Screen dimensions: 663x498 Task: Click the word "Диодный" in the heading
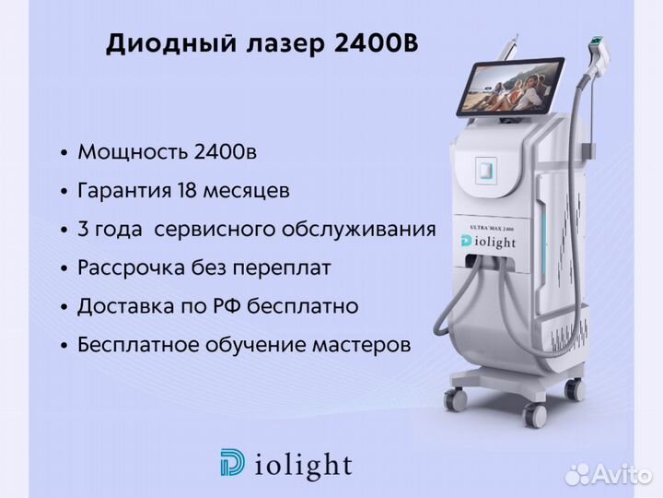pyautogui.click(x=171, y=44)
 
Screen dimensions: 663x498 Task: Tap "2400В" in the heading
pyautogui.click(x=376, y=42)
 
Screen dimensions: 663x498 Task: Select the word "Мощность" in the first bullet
pyautogui.click(x=133, y=151)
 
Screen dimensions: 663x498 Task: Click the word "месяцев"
pyautogui.click(x=247, y=192)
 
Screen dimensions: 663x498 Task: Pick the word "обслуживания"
pyautogui.click(x=358, y=230)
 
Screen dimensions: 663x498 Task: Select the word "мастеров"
pyautogui.click(x=362, y=345)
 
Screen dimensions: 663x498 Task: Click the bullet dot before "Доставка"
pyautogui.click(x=64, y=307)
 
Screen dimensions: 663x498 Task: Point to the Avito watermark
pyautogui.click(x=608, y=474)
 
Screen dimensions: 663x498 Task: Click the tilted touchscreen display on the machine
pyautogui.click(x=509, y=86)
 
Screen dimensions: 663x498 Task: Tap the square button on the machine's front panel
pyautogui.click(x=486, y=171)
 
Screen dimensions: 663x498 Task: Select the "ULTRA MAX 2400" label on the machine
pyautogui.click(x=492, y=229)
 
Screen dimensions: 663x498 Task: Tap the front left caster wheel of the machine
pyautogui.click(x=456, y=399)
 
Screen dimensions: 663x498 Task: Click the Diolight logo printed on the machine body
pyautogui.click(x=488, y=242)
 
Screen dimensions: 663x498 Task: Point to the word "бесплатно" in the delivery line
pyautogui.click(x=303, y=306)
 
